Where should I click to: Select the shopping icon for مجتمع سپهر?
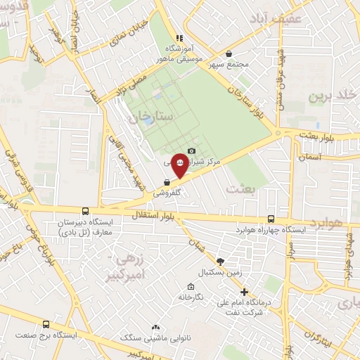(229, 54)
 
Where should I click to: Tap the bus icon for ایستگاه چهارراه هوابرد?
(271, 219)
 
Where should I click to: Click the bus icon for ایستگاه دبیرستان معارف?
(86, 210)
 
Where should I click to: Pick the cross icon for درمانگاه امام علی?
(244, 291)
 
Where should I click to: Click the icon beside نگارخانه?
(191, 286)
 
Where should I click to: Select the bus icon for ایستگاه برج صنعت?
(46, 324)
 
